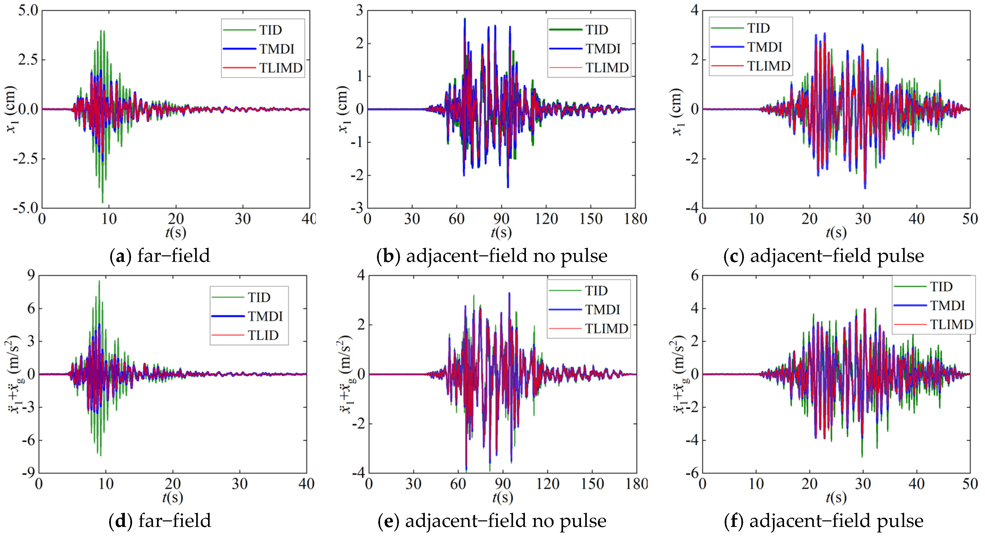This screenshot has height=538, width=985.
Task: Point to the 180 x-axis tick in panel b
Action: [636, 219]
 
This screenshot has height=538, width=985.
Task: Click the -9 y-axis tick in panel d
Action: [28, 473]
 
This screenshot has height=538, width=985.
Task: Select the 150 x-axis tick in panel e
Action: [592, 484]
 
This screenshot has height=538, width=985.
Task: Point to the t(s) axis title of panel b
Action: [501, 232]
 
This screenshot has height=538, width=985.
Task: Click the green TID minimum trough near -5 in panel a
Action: [102, 202]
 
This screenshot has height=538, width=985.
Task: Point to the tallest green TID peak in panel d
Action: [99, 281]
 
